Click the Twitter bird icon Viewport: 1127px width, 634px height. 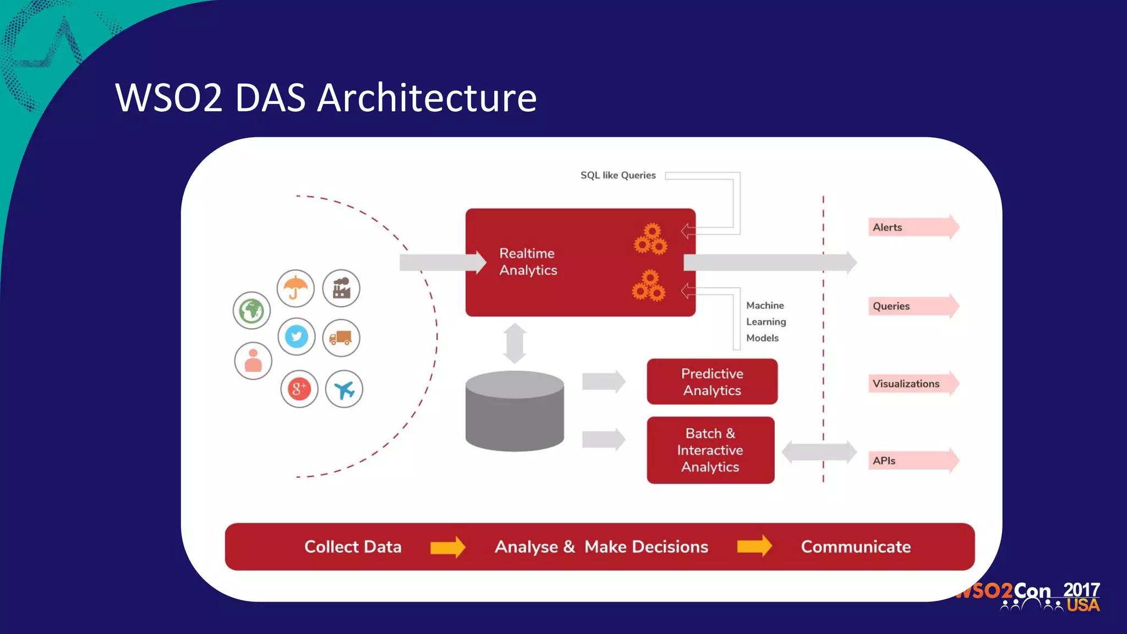[297, 336]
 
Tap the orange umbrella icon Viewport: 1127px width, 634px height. [296, 288]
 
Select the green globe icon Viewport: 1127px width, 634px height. [251, 311]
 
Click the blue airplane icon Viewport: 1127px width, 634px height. [344, 390]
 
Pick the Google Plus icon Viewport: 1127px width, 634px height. [299, 389]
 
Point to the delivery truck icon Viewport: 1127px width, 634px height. [341, 337]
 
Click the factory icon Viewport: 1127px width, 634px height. [341, 288]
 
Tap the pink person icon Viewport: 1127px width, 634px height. [253, 361]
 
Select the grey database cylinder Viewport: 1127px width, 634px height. [515, 412]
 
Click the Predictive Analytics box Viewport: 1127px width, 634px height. [712, 382]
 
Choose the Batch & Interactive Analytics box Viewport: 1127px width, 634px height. [710, 450]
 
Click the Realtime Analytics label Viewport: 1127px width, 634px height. [528, 262]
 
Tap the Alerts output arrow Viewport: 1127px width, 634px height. [913, 227]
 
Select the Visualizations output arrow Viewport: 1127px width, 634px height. [913, 384]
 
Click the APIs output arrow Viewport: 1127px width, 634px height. [913, 461]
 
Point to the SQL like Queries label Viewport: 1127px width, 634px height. [618, 175]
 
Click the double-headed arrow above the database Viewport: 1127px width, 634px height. [515, 343]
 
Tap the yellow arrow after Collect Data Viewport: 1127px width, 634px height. [447, 547]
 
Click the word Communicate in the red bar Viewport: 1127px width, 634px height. [856, 547]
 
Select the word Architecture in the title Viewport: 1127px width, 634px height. [426, 98]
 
